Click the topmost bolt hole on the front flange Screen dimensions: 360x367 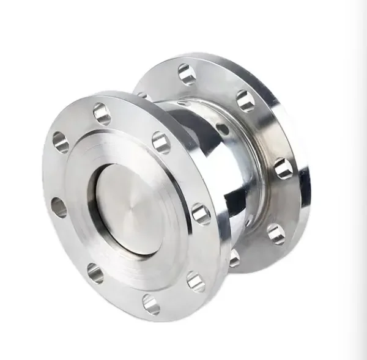(x=102, y=114)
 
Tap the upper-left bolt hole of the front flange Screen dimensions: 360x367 (x=61, y=142)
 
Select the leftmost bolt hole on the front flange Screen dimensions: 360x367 (x=58, y=207)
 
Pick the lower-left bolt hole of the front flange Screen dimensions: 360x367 (x=95, y=273)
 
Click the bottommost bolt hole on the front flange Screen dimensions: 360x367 (x=150, y=303)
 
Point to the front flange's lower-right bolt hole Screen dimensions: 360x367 (x=195, y=281)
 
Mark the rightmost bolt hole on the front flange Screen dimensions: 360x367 (x=201, y=213)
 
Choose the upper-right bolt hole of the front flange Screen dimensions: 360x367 (x=160, y=142)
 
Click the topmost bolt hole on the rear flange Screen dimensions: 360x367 (x=187, y=74)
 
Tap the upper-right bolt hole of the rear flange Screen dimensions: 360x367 (x=245, y=100)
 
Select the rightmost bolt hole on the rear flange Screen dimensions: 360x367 (x=283, y=167)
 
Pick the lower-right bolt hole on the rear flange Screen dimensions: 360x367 (x=276, y=233)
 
